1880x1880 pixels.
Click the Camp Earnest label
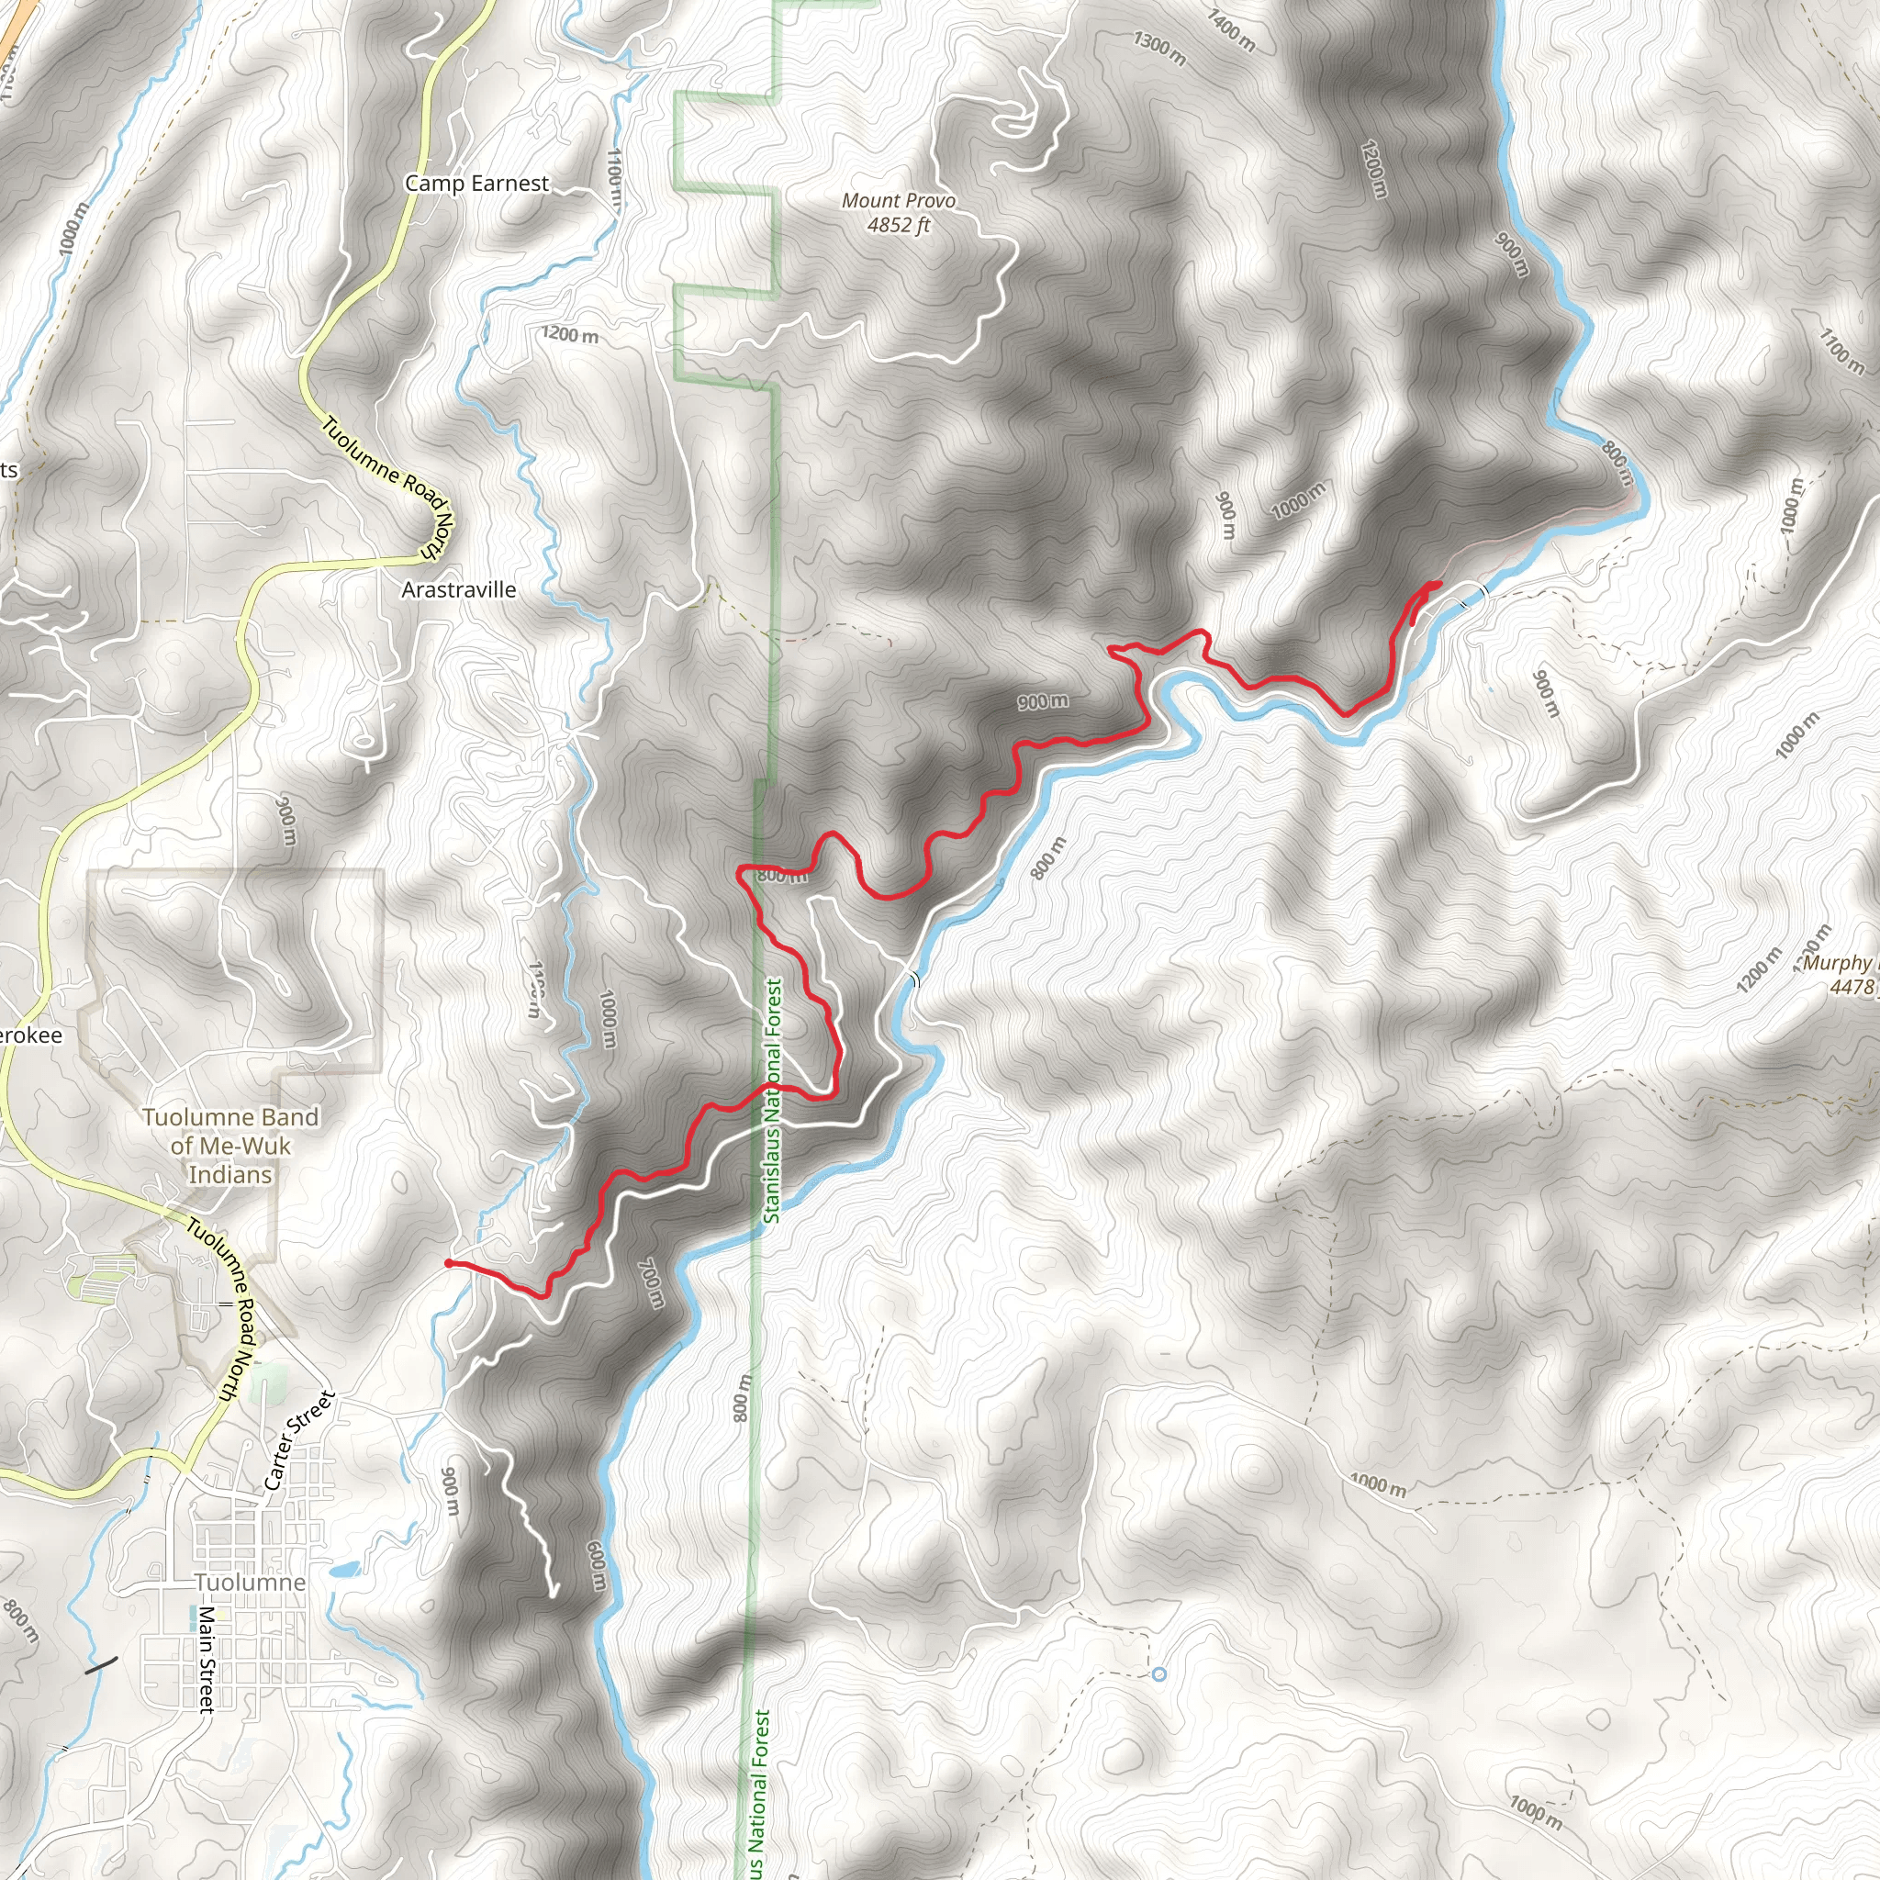click(476, 183)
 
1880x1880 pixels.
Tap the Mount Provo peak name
click(898, 200)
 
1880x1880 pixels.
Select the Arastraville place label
click(458, 589)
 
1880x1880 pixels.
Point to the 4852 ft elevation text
click(898, 225)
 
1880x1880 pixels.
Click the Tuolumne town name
click(250, 1583)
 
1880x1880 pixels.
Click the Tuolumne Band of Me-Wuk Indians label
click(230, 1146)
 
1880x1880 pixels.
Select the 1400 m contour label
click(1231, 30)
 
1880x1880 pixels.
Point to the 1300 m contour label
click(1159, 49)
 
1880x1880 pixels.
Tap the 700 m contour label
click(651, 1283)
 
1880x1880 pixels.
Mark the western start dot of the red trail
click(448, 1263)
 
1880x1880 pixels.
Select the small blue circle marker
click(1158, 1673)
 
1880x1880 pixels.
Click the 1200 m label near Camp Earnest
click(570, 335)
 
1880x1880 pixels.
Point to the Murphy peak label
click(1837, 962)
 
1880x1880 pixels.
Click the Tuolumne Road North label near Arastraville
click(387, 488)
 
